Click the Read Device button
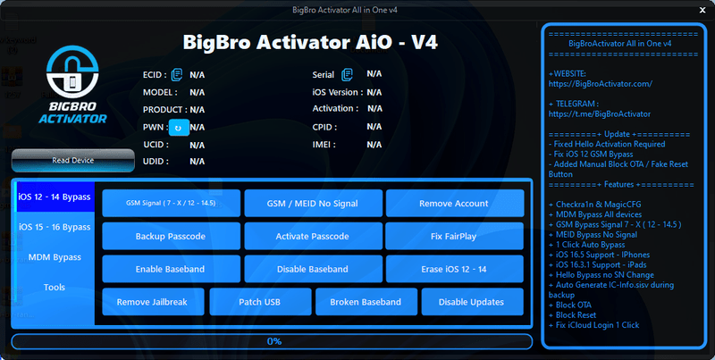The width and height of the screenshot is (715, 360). [x=72, y=161]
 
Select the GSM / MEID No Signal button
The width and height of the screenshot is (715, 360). [x=312, y=203]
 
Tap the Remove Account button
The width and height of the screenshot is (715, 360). [x=453, y=203]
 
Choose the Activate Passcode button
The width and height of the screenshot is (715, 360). [x=312, y=236]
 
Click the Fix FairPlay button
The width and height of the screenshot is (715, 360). [x=453, y=236]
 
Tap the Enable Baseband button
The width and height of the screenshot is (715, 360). [x=170, y=269]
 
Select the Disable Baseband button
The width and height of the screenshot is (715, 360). [x=312, y=269]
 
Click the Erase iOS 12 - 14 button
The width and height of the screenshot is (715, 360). [x=453, y=269]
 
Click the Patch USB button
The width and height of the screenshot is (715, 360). [x=259, y=302]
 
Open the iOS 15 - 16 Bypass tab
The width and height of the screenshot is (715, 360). [x=55, y=227]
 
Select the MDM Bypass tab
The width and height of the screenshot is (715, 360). [x=55, y=257]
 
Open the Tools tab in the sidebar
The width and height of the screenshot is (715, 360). [x=55, y=288]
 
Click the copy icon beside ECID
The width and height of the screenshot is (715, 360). [x=177, y=74]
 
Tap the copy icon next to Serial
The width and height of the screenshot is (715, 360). [x=346, y=74]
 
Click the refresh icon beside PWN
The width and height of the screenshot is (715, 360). [x=178, y=128]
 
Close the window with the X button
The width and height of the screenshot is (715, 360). [x=700, y=10]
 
